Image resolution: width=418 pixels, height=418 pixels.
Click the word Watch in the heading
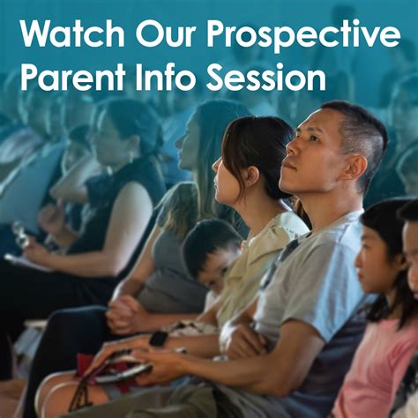(x=72, y=34)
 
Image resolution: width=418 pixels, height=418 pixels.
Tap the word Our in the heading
(x=166, y=34)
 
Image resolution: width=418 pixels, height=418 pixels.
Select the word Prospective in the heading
(x=303, y=37)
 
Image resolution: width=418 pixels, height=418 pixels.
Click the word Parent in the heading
(x=73, y=77)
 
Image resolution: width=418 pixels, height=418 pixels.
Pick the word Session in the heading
(x=265, y=77)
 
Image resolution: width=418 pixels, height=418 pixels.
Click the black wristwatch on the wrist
(x=159, y=339)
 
